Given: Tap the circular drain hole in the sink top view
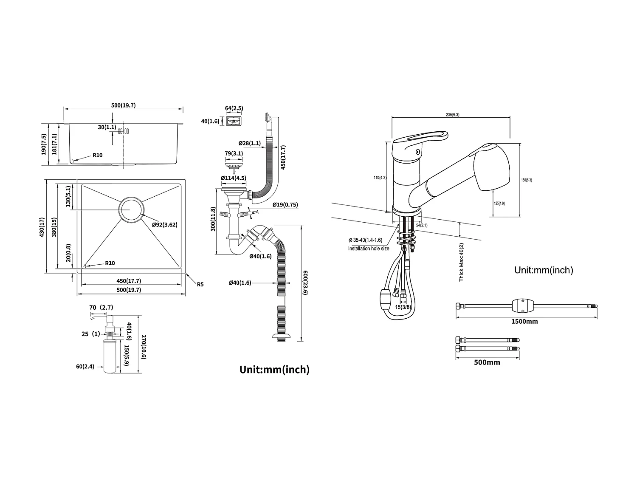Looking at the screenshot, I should pos(131,209).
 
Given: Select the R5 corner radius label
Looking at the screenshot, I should pos(200,284).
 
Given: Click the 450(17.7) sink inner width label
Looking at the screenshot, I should pos(129,281).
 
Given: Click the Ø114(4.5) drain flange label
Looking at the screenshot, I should pos(233,178).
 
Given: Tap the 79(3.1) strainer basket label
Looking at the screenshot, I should pos(234,153).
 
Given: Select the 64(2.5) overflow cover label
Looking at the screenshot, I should pos(234,108).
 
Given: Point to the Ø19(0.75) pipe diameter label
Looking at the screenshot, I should pos(285,205).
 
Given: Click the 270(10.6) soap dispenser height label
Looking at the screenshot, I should pos(144,347).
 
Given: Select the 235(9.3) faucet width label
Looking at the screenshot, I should pos(451,115).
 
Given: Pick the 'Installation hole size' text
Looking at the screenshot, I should pos(368,249).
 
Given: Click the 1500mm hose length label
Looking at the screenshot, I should pos(524,322).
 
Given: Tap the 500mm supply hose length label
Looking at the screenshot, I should pos(487,362).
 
